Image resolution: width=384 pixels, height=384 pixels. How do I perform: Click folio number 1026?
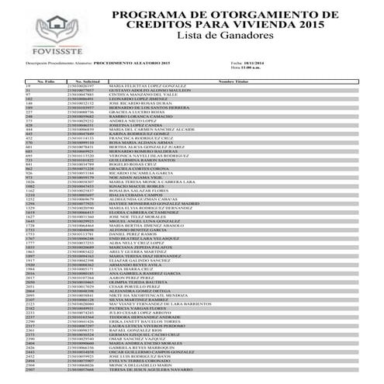point(32,182)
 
